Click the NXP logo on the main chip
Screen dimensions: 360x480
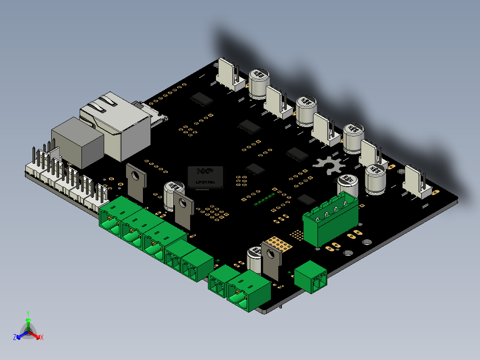click(205, 171)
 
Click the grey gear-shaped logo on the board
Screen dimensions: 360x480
click(329, 166)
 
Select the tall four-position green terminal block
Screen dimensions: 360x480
click(330, 218)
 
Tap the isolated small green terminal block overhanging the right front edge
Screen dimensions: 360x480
click(311, 277)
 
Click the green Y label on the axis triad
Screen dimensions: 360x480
click(28, 313)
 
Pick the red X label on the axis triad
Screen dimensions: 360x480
click(41, 337)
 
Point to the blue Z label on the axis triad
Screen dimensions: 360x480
click(14, 337)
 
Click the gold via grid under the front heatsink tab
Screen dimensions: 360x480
click(279, 243)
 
